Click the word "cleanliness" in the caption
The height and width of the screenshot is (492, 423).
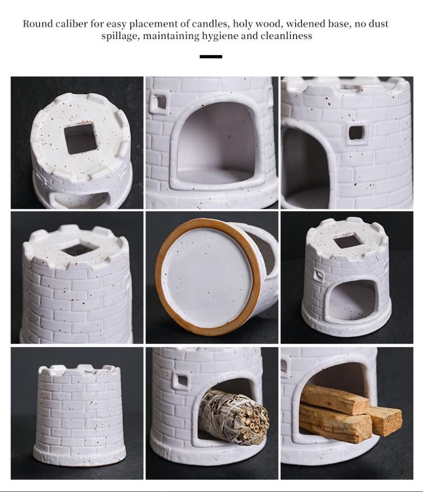[x=286, y=36]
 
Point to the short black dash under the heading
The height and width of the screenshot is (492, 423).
[x=211, y=57]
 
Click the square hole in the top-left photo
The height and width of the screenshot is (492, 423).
[x=80, y=138]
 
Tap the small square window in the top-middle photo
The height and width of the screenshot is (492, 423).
[x=159, y=103]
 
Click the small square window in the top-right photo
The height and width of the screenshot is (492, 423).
[x=356, y=133]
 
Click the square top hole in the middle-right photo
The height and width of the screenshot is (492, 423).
[x=347, y=242]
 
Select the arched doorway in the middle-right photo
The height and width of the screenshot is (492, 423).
[x=352, y=299]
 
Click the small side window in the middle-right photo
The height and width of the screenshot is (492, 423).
[x=318, y=275]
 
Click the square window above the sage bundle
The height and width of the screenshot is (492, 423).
[x=182, y=380]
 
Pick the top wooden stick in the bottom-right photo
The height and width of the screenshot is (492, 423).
[x=335, y=399]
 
